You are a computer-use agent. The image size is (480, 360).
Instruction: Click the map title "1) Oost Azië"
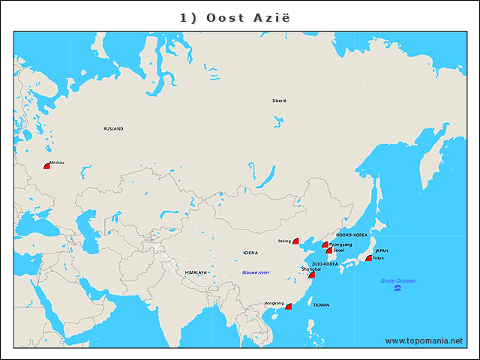click(239, 17)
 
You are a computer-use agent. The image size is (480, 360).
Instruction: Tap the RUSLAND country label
click(113, 129)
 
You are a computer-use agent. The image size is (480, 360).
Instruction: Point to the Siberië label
click(279, 100)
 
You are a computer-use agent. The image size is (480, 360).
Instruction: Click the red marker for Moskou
click(46, 166)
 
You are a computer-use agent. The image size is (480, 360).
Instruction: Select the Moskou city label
click(56, 163)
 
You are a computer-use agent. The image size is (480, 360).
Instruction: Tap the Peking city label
click(284, 241)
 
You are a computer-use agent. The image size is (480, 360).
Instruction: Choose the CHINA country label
click(250, 253)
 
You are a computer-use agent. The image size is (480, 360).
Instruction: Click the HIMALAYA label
click(195, 272)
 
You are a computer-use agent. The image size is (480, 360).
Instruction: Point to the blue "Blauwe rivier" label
click(256, 272)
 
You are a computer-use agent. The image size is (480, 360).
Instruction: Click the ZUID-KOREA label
click(325, 264)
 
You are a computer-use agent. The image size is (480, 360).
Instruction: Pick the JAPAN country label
click(382, 251)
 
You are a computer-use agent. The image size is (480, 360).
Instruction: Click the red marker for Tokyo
click(368, 259)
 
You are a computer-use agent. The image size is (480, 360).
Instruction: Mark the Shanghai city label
click(310, 268)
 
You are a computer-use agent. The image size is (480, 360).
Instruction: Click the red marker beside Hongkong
click(288, 306)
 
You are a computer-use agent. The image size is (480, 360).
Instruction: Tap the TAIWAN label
click(321, 305)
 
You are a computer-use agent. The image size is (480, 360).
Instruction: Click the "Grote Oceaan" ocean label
click(397, 281)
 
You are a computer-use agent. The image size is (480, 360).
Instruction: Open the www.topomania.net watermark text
click(424, 340)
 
